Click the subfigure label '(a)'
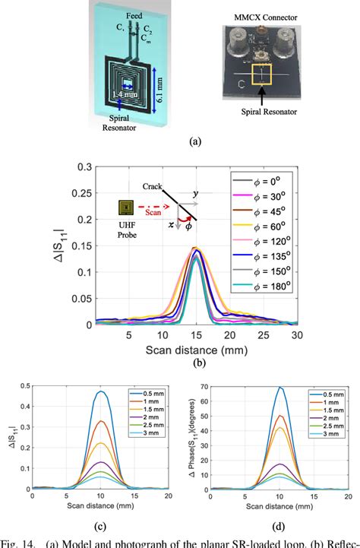click(x=179, y=141)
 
